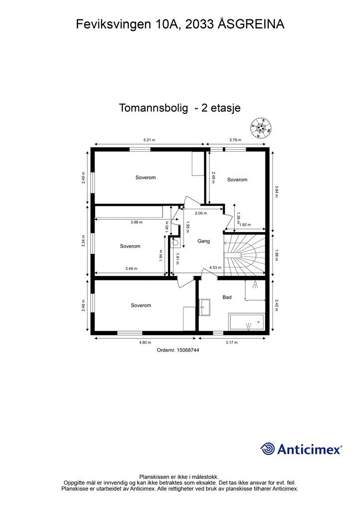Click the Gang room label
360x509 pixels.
point(203,241)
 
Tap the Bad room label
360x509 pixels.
point(227,297)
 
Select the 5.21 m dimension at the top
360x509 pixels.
point(149,140)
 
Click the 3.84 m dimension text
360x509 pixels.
point(277,191)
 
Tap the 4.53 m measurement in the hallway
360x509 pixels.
point(215,268)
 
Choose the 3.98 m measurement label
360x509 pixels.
point(136,222)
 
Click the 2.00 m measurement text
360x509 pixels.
point(201,213)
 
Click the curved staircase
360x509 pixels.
point(245,255)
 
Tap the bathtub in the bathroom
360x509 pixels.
point(247,322)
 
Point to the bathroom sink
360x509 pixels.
point(205,307)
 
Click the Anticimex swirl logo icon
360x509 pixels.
point(268,449)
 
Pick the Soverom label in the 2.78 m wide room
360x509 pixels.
point(237,179)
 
